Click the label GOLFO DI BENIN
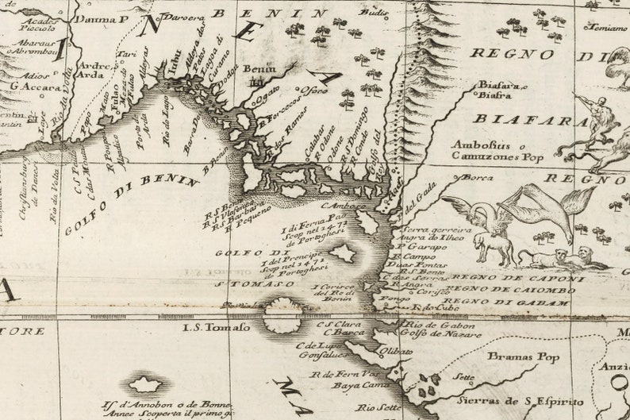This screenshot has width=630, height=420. pyautogui.click(x=132, y=202)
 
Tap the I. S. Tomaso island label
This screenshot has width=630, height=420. pyautogui.click(x=216, y=326)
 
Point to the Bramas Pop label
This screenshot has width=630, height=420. pyautogui.click(x=523, y=356)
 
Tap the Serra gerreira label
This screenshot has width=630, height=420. pyautogui.click(x=437, y=229)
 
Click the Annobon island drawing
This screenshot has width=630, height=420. pyautogui.click(x=146, y=384)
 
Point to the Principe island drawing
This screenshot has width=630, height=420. pyautogui.click(x=343, y=253)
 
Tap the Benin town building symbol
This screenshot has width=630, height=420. pyautogui.click(x=255, y=82)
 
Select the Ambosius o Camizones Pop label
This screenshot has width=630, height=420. pyautogui.click(x=497, y=151)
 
